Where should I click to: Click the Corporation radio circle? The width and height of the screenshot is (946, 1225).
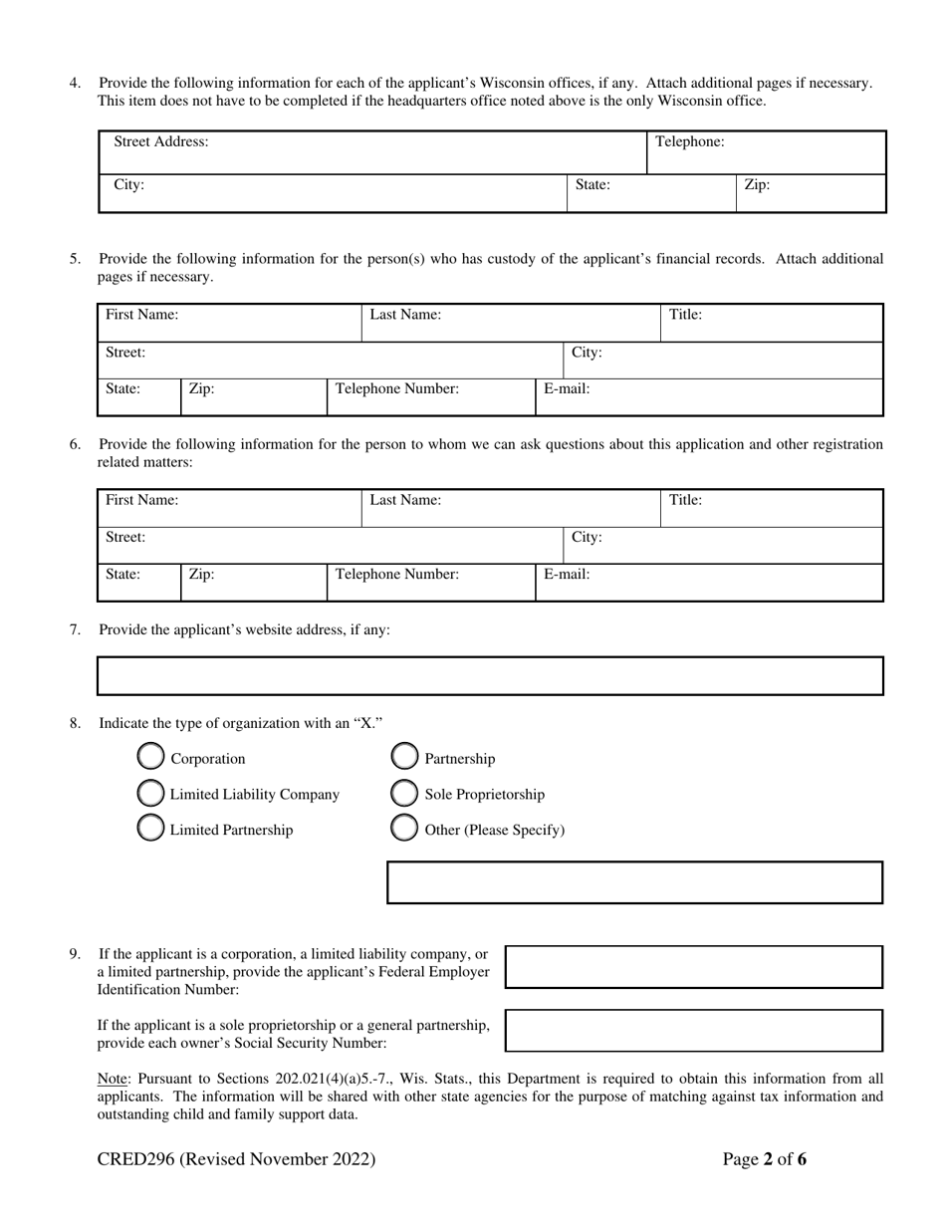coord(150,758)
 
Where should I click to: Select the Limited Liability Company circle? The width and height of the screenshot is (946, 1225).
coord(150,794)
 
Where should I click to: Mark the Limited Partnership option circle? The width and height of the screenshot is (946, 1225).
coord(150,829)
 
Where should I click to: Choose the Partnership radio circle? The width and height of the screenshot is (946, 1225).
coord(404,758)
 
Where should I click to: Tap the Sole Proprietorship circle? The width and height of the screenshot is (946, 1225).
coord(404,794)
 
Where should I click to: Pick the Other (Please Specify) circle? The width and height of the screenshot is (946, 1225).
coord(404,829)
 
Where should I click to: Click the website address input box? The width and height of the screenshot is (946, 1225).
coord(490,675)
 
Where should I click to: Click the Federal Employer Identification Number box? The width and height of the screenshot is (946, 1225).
coord(694,967)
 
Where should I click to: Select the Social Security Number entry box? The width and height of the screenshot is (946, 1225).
coord(694,1031)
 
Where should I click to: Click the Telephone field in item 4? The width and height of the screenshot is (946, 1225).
coord(766,152)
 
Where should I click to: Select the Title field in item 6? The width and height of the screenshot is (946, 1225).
coord(772,508)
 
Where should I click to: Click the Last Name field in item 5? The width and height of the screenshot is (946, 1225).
coord(511,323)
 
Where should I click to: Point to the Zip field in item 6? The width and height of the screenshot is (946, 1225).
coord(253,583)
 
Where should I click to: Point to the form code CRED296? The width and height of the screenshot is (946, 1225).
coord(135,1159)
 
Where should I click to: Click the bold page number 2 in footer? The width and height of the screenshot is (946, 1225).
coord(768,1159)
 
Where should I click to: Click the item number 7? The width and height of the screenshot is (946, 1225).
coord(75,629)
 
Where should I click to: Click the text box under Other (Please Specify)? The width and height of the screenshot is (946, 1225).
coord(634,882)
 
